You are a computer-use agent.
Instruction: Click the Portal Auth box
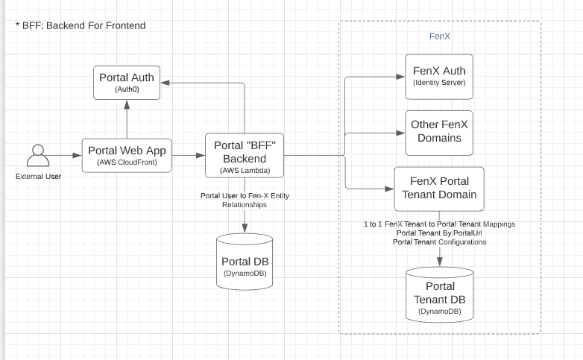pos(127,82)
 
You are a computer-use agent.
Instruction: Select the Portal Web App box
pos(127,155)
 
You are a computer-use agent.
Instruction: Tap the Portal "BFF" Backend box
pos(245,156)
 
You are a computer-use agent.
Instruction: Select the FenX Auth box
pos(439,76)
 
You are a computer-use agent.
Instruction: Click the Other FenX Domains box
pos(439,131)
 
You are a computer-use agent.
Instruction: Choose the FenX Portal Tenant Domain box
pos(439,189)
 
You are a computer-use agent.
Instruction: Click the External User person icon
pos(38,157)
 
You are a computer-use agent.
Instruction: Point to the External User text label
pos(38,177)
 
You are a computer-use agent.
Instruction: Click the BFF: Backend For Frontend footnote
pos(80,25)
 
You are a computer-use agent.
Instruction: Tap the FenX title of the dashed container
pos(440,36)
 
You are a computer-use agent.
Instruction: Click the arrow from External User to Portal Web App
pos(67,156)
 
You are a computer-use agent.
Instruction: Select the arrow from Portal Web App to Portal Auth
pos(127,119)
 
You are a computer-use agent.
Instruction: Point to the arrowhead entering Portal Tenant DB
pos(440,261)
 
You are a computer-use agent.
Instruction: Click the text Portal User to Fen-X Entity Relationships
pos(245,200)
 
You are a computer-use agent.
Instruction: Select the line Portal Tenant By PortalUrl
pos(439,233)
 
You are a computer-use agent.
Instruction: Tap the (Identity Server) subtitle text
pos(439,83)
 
